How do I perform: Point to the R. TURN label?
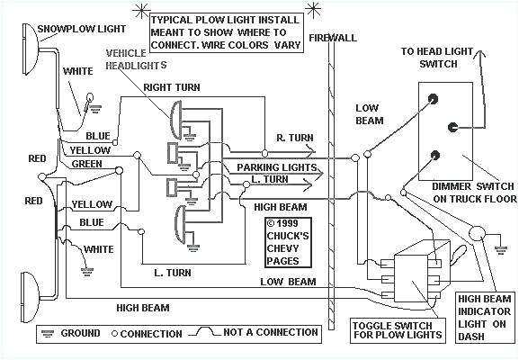[295, 137]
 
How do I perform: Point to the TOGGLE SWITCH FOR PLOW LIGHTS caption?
[398, 329]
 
